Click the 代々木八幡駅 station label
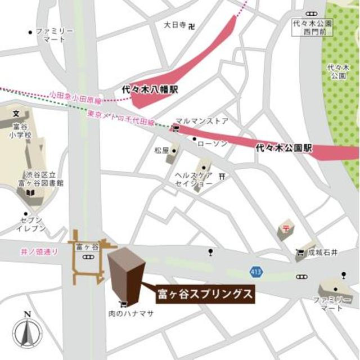pyautogui.click(x=150, y=89)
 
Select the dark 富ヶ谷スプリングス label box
pyautogui.click(x=204, y=294)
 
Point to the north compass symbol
pyautogui.click(x=26, y=331)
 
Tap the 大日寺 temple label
pyautogui.click(x=175, y=25)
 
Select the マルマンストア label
pyautogui.click(x=202, y=120)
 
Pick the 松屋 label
pyautogui.click(x=161, y=151)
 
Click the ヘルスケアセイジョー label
pyautogui.click(x=193, y=179)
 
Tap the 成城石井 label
pyautogui.click(x=323, y=254)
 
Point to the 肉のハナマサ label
pyautogui.click(x=130, y=314)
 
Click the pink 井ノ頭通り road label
pyautogui.click(x=39, y=252)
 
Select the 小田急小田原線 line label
pyautogui.click(x=75, y=96)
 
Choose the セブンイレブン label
pyautogui.click(x=32, y=223)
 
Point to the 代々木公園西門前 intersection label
pyautogui.click(x=313, y=28)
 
